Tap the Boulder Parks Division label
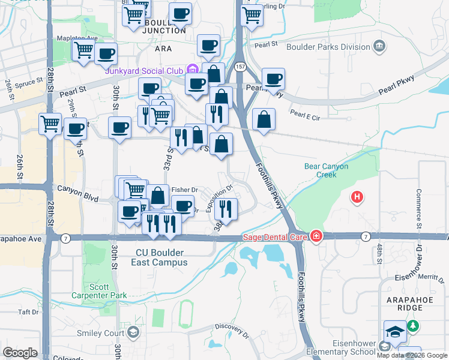[330, 46]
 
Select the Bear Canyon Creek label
[326, 170]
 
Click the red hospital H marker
[357, 197]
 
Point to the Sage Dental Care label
[274, 236]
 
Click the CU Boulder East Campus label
[161, 257]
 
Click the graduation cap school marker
[395, 332]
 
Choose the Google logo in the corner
[20, 352]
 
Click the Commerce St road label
[419, 206]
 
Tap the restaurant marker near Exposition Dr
[226, 209]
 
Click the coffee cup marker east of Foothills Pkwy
[273, 79]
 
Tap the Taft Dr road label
[28, 312]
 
